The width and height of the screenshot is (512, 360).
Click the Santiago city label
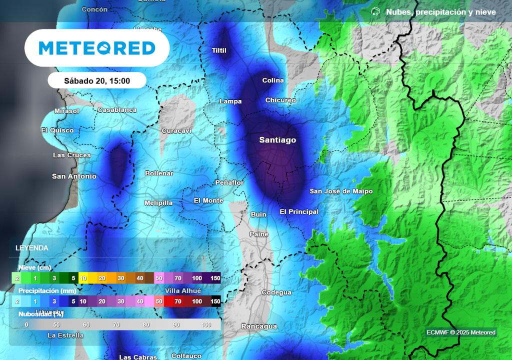(277, 140)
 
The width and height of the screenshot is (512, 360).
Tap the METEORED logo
(97, 48)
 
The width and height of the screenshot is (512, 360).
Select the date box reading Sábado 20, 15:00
(97, 80)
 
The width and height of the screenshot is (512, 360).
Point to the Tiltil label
(219, 50)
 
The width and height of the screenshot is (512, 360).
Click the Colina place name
(273, 80)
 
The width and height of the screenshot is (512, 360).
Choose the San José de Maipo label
(341, 191)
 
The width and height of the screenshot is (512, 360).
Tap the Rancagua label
(259, 326)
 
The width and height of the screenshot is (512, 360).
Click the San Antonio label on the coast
(74, 176)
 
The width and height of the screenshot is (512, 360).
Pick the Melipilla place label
(158, 203)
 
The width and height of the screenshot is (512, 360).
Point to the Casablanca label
(117, 110)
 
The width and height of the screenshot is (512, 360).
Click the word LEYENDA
(32, 248)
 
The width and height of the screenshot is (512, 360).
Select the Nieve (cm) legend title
(35, 267)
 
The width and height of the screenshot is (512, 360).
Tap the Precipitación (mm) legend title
(47, 290)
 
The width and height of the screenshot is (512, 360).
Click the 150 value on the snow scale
(215, 278)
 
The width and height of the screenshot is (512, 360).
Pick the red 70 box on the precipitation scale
(177, 301)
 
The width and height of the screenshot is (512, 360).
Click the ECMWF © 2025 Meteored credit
(461, 332)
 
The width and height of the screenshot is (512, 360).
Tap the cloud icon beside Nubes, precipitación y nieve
(375, 11)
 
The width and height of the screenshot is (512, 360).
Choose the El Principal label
(299, 212)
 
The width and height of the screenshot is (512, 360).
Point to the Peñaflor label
(229, 183)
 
